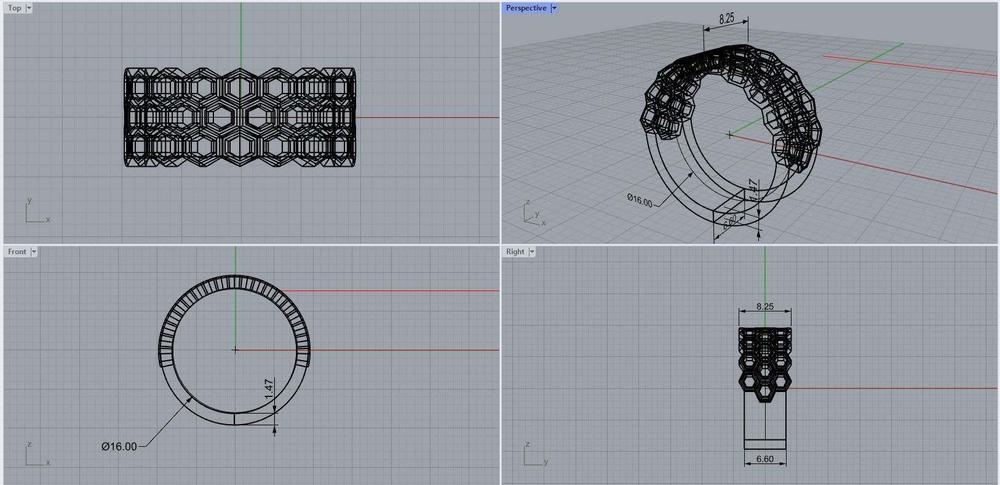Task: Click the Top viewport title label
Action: point(14,8)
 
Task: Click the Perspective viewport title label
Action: point(526,8)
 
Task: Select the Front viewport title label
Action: point(17,252)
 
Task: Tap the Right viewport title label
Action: point(515,252)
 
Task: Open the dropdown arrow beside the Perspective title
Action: point(554,8)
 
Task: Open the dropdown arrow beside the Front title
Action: point(34,252)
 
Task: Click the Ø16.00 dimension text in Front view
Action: point(119,446)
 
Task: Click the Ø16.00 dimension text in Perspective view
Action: point(640,201)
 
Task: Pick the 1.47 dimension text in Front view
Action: point(269,389)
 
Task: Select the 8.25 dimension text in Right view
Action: point(765,306)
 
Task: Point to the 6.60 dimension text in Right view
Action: point(765,459)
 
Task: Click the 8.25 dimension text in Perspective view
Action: point(726,18)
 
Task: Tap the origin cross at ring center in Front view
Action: point(235,350)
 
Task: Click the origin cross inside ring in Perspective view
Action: point(729,135)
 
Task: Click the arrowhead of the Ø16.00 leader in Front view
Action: point(191,398)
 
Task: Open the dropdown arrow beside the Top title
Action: point(29,8)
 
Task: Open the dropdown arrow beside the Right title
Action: point(532,252)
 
